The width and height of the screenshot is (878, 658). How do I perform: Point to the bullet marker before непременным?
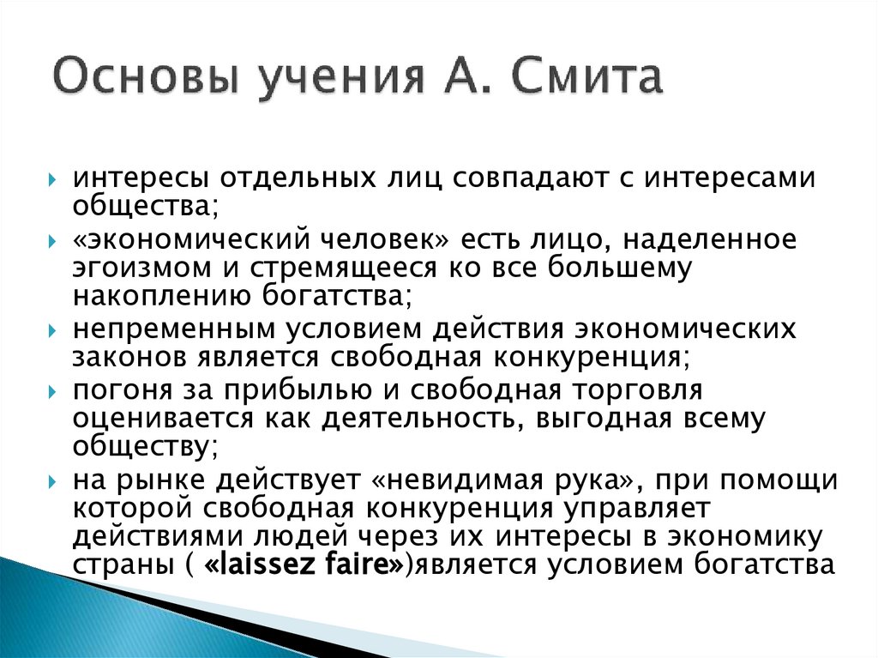tap(53, 330)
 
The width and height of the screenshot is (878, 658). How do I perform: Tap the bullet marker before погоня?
tap(53, 392)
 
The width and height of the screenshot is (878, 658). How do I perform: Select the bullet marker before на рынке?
tap(53, 481)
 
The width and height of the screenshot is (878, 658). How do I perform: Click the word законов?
tap(123, 357)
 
